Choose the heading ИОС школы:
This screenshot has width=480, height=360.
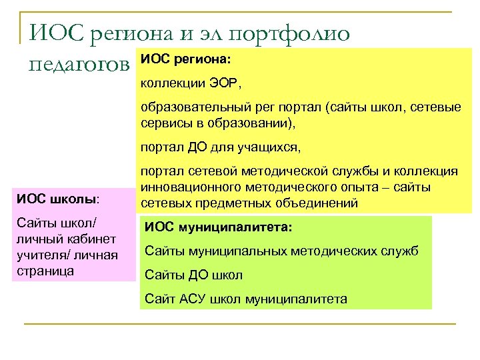[x=59, y=199]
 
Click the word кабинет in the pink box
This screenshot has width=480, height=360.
[x=93, y=238]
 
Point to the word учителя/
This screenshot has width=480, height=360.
[x=39, y=255]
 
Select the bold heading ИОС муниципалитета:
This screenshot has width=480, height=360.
[x=218, y=227]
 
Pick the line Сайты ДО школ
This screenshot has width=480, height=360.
[x=193, y=275]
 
